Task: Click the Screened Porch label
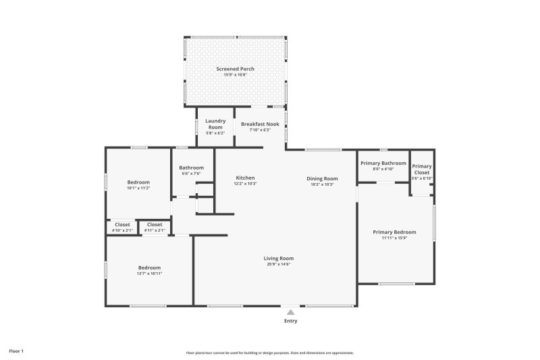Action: point(235,69)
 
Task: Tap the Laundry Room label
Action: point(215,124)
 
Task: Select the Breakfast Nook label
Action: point(260,124)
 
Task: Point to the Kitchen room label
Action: point(245,178)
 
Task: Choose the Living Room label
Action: point(278,258)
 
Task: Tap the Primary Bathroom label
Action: point(383,163)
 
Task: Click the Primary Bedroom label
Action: point(395,232)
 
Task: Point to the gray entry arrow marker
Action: point(290,312)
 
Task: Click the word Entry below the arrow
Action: point(290,321)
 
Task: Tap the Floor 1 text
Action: point(16,351)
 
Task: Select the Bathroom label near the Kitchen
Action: point(191,168)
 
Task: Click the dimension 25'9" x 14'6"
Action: point(278,264)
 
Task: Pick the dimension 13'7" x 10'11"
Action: point(149,274)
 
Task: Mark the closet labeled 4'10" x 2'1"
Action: point(122,227)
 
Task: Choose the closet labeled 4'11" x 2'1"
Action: point(155,227)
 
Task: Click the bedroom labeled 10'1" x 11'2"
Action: point(138,185)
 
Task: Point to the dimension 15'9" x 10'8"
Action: point(235,74)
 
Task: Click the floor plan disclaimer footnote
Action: point(270,353)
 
